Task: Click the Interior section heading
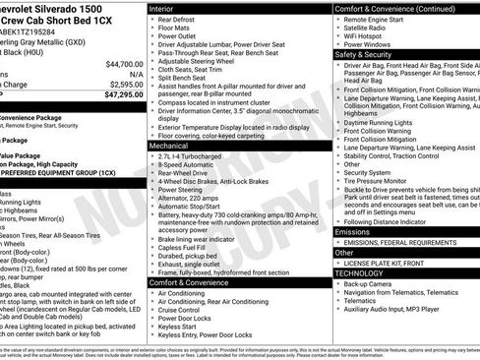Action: [163, 8]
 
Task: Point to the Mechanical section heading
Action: [170, 145]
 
